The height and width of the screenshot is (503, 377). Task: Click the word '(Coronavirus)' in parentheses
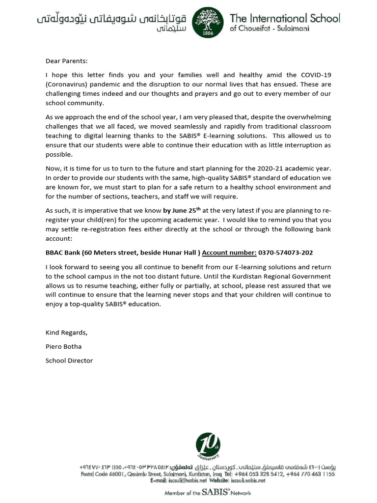(66, 84)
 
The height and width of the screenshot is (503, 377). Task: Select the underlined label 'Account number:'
(229, 252)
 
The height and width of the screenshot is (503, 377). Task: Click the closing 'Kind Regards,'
(66, 333)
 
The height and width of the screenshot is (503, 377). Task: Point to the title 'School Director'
(69, 361)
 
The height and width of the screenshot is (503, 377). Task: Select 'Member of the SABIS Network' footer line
(207, 493)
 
